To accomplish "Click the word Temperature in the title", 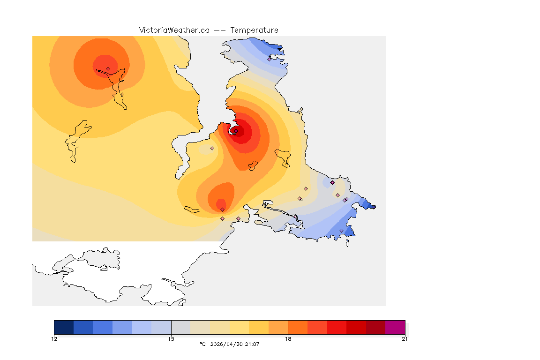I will click(254, 30).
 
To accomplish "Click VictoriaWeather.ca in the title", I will click(174, 30).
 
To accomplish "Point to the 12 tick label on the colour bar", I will click(54, 339).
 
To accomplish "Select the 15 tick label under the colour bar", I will click(171, 339).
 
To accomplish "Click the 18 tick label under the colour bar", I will click(288, 339).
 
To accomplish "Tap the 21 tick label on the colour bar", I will click(405, 339).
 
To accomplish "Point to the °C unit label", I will click(202, 344).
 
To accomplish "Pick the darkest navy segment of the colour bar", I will click(64, 327).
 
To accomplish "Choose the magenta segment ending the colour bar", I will click(395, 327).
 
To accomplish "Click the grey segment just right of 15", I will click(180, 327).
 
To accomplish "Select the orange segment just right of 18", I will click(297, 327).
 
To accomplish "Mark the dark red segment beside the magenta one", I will click(375, 327).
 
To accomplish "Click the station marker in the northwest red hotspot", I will click(108, 68).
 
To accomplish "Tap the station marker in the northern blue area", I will click(269, 59).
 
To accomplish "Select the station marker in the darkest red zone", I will click(236, 131).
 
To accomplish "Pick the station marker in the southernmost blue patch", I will click(341, 231).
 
